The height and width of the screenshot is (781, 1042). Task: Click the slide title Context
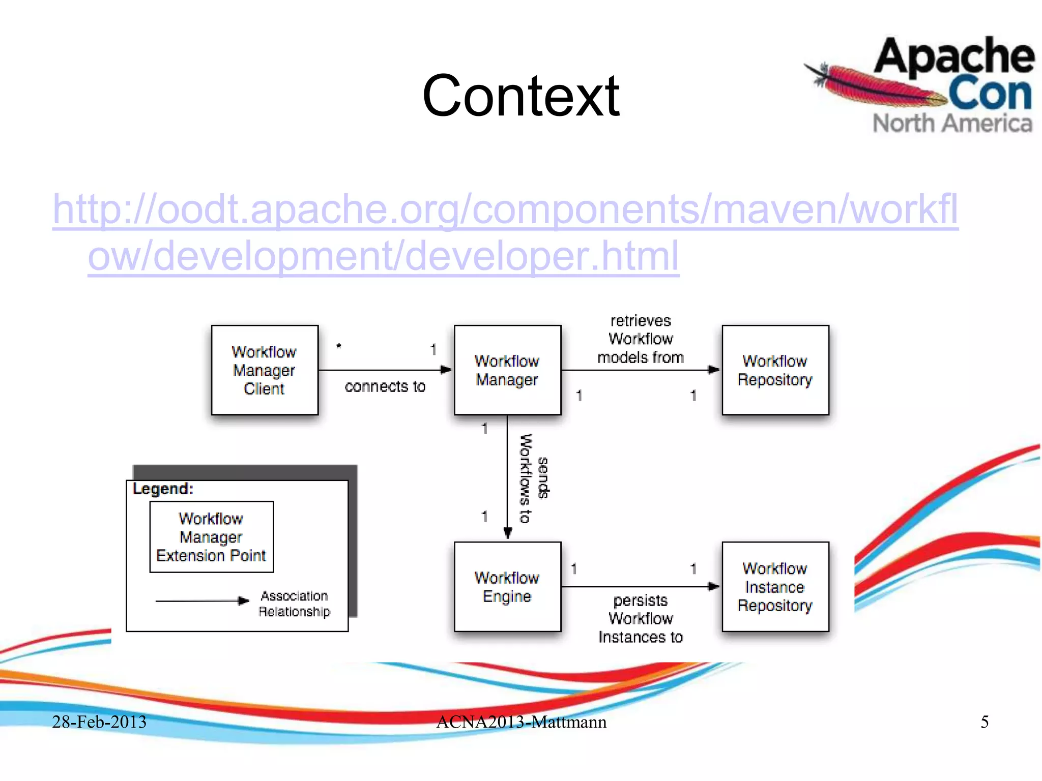coord(520,96)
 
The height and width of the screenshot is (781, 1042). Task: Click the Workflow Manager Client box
coord(265,370)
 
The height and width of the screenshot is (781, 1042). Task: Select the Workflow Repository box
coord(775,370)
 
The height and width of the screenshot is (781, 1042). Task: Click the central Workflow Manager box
coord(507,370)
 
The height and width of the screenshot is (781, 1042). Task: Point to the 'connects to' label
coord(385,386)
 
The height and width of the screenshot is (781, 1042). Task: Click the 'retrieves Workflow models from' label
coord(640,339)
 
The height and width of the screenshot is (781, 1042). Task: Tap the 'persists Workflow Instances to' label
coord(640,618)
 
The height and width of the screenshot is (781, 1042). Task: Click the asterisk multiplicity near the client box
coord(339,346)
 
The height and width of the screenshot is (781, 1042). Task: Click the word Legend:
coord(163,489)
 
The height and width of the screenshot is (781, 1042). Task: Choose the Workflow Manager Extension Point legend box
coord(211,537)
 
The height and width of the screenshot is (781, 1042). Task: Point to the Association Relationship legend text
coord(294,604)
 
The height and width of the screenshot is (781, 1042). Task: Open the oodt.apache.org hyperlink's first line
coord(505,209)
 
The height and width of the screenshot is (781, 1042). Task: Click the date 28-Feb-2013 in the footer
coord(99,722)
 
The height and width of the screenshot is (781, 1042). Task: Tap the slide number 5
coord(985,722)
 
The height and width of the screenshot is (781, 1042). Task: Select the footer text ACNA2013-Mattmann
coord(521,722)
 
